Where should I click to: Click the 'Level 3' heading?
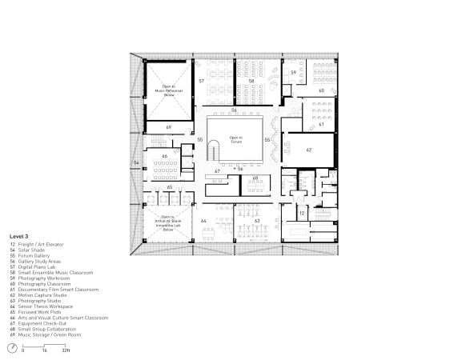[20, 237]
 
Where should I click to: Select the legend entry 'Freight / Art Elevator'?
[47, 245]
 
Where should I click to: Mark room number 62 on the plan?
[309, 148]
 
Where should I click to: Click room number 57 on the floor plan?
[202, 82]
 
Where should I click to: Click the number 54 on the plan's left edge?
[136, 163]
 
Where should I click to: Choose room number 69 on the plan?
[168, 127]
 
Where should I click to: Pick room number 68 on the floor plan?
[255, 178]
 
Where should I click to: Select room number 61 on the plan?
[321, 124]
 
